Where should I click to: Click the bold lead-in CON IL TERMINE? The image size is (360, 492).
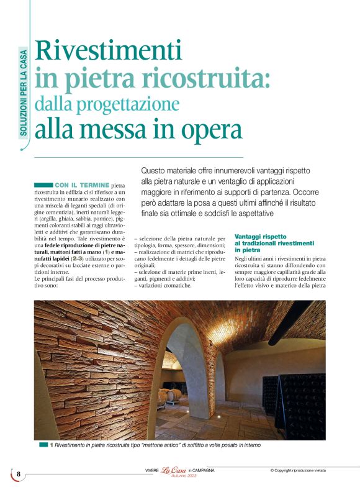coord(81,185)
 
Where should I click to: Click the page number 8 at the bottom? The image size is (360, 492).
coord(19,474)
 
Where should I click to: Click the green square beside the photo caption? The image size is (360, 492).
coord(43,445)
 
